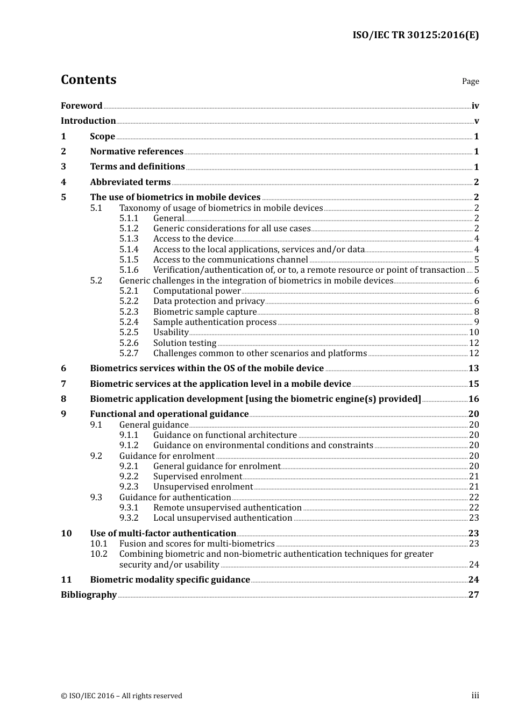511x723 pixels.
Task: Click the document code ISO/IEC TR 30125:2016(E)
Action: [x=415, y=36]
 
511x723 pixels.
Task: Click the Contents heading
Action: [x=88, y=80]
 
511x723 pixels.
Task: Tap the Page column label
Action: [x=470, y=81]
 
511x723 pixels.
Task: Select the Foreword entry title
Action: [x=81, y=106]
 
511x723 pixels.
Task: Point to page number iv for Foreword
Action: [x=475, y=106]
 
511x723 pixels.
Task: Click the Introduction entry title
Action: [x=88, y=121]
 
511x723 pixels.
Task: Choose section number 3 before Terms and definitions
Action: [x=63, y=167]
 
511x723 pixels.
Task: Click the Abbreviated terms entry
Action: [x=130, y=182]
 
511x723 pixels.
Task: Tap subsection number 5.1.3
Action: [x=129, y=239]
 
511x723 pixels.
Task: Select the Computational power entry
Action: [x=197, y=291]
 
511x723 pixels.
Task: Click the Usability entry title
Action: [x=171, y=332]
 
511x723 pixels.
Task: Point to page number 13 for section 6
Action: [x=473, y=368]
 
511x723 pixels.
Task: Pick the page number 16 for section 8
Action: [x=473, y=399]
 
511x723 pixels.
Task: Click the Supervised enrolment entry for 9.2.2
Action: [x=197, y=477]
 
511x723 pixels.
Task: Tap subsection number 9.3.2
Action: [x=129, y=518]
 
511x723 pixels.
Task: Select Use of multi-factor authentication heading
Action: [x=163, y=534]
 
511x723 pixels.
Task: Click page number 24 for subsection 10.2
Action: [x=473, y=565]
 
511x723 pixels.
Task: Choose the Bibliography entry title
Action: [x=89, y=595]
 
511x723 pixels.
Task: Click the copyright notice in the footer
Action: [x=122, y=696]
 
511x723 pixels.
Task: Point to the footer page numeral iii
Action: [x=475, y=696]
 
